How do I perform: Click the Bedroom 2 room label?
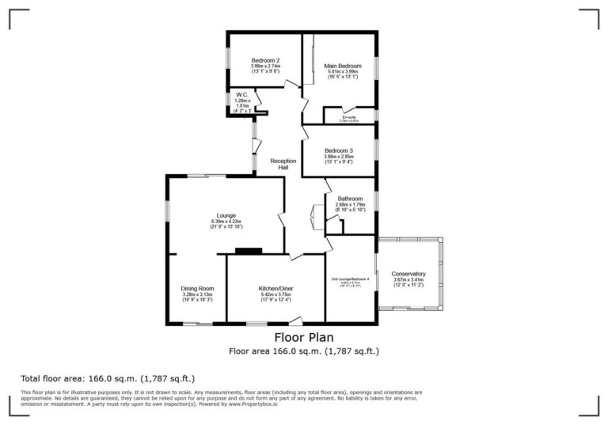(x=265, y=60)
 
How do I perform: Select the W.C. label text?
(x=241, y=94)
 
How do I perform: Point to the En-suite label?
(x=348, y=117)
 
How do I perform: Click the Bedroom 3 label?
(x=338, y=150)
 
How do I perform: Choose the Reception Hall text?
(x=283, y=164)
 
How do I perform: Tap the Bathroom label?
(x=349, y=199)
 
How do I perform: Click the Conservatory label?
(x=408, y=274)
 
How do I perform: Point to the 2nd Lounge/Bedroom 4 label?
(x=350, y=279)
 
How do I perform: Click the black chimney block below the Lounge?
(x=248, y=252)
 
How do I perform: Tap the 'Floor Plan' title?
(x=303, y=337)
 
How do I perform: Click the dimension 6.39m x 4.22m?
(x=226, y=222)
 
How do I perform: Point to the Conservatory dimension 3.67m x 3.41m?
(x=408, y=280)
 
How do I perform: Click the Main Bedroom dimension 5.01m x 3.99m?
(x=343, y=71)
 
